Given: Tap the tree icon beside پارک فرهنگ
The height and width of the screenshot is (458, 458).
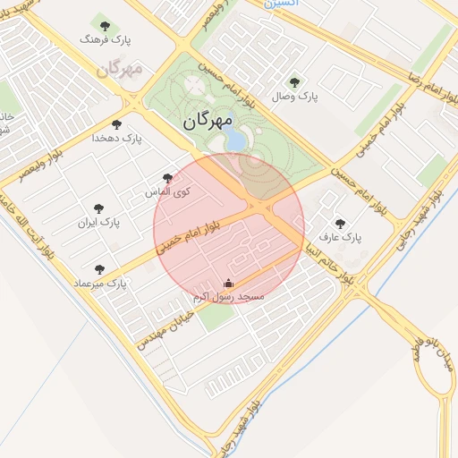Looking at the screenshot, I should (x=106, y=26).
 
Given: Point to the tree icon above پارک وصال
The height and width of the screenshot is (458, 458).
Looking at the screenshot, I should (x=296, y=82).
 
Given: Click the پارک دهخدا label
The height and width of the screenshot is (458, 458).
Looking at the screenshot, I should (x=118, y=138).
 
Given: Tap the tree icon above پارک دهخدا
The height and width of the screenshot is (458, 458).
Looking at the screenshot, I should (x=116, y=124).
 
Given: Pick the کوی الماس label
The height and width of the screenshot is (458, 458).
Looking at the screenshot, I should (x=163, y=191).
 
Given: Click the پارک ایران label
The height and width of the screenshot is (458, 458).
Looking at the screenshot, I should (x=98, y=221).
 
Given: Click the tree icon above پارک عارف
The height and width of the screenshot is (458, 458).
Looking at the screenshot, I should (x=339, y=224).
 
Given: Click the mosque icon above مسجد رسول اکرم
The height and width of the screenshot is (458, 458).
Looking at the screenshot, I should (x=225, y=284).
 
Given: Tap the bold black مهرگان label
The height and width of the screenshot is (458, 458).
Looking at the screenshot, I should (x=207, y=121).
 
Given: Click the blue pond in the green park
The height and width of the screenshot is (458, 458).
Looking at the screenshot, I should (x=234, y=140).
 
